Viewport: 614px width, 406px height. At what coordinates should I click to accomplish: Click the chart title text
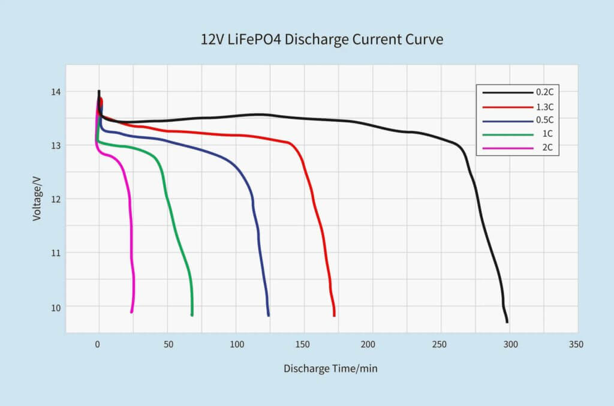pos(322,41)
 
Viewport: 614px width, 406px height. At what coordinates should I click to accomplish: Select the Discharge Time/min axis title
pos(330,368)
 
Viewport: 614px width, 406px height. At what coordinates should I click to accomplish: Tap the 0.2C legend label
pos(545,94)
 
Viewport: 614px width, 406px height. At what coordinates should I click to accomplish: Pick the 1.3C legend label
pos(545,107)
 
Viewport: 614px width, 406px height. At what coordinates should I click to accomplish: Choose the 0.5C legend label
pos(545,121)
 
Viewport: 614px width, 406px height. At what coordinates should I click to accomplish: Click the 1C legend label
pos(547,134)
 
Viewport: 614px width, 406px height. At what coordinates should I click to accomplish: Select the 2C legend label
pos(547,148)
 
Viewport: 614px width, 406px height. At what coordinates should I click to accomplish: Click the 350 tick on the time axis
pos(575,345)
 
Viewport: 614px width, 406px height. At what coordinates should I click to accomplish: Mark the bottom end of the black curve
pos(507,321)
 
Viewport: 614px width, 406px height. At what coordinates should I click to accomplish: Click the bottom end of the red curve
pos(334,315)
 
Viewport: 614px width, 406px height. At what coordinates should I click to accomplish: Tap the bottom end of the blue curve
pos(269,315)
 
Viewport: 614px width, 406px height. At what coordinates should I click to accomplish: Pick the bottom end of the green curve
pos(192,315)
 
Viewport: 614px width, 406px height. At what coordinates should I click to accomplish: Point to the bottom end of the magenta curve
pos(131,312)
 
